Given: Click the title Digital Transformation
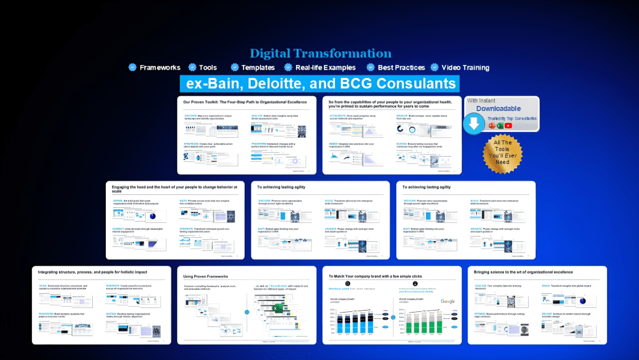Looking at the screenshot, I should [x=320, y=53].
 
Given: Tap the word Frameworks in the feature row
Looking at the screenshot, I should [x=160, y=68].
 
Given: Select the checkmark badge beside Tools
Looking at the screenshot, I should [x=192, y=68].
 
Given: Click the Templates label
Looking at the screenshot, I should [x=258, y=68].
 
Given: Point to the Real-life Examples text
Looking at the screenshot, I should [x=325, y=68].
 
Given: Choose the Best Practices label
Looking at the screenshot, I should [x=400, y=68].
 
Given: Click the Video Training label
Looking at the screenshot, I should [x=465, y=68].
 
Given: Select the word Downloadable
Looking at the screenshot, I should [x=498, y=109].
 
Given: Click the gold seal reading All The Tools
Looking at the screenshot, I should [x=502, y=153].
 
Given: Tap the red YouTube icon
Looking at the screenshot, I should [x=508, y=125].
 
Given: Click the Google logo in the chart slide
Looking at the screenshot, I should [x=448, y=302].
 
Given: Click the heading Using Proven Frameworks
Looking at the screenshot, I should [x=209, y=276].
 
